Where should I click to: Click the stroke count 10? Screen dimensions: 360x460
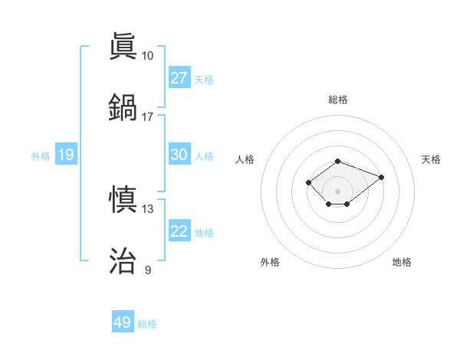(148, 56)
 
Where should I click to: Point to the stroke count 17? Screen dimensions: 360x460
(148, 116)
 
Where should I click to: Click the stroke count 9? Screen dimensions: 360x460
(148, 270)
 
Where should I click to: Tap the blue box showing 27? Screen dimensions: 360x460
(179, 77)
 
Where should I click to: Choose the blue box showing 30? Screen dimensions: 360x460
(179, 155)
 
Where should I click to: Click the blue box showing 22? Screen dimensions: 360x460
(179, 231)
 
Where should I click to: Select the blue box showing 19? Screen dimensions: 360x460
(65, 155)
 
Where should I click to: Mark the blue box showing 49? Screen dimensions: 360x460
(123, 322)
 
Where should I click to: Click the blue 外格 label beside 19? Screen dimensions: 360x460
(41, 156)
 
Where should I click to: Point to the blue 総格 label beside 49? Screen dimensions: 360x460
(147, 324)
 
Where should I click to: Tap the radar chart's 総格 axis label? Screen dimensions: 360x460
(338, 100)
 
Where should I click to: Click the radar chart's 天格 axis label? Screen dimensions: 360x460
(432, 159)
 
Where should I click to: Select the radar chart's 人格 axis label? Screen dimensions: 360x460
(245, 159)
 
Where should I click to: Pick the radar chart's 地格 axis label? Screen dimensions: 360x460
(402, 262)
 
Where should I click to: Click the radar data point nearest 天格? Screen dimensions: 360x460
(381, 177)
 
